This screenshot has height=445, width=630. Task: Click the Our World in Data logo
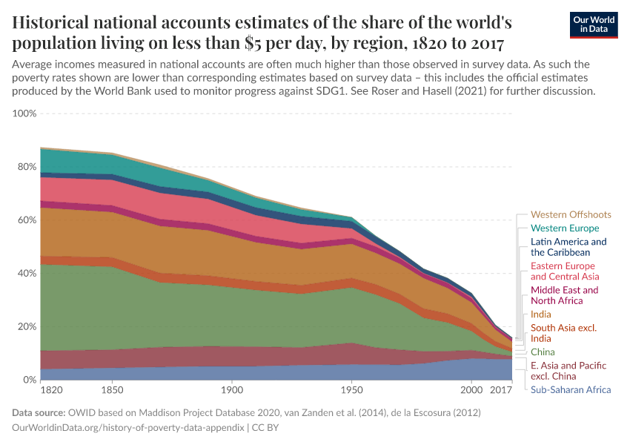click(x=594, y=24)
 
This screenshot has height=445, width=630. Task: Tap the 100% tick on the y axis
click(x=24, y=113)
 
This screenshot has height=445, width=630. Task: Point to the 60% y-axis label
click(x=27, y=220)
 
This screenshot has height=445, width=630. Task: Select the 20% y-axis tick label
click(x=27, y=327)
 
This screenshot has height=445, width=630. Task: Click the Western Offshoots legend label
click(x=571, y=215)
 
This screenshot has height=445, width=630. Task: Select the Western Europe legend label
click(x=565, y=228)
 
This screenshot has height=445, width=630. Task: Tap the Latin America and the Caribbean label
click(x=568, y=247)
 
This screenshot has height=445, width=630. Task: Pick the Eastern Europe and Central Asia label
click(x=563, y=271)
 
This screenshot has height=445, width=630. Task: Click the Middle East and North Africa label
click(x=564, y=295)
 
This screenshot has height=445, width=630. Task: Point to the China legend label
click(x=543, y=352)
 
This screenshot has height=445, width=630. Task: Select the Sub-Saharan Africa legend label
click(x=571, y=389)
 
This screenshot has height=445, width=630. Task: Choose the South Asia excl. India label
click(x=564, y=333)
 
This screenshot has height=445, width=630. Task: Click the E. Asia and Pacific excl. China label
click(x=568, y=371)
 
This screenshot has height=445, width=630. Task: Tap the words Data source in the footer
click(x=38, y=412)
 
